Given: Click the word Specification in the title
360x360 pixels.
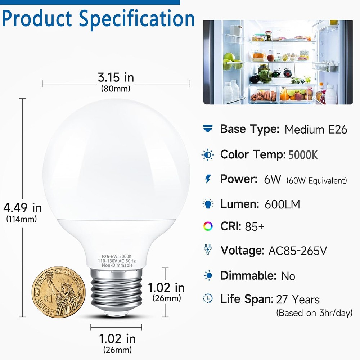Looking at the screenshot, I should [x=137, y=19].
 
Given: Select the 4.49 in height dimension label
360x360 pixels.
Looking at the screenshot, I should [x=23, y=208].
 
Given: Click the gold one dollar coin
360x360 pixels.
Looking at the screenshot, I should [x=58, y=292].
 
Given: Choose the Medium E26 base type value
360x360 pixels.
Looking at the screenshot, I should [x=316, y=130].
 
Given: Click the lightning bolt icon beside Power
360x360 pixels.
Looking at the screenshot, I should [x=208, y=179].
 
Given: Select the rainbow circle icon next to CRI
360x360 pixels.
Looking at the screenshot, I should [x=208, y=227].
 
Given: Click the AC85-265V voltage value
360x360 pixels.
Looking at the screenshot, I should [x=298, y=251].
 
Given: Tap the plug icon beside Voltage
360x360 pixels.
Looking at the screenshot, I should [x=208, y=249].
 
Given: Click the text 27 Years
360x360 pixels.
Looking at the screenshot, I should [x=298, y=299].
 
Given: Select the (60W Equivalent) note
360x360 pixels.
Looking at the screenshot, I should [x=317, y=180].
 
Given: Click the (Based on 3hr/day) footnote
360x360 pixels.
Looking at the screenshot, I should [x=314, y=313].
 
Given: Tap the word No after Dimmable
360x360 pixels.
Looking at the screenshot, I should [x=288, y=276].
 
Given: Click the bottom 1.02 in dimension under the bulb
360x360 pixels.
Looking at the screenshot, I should [x=117, y=339].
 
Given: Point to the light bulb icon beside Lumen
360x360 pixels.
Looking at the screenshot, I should [x=208, y=204].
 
